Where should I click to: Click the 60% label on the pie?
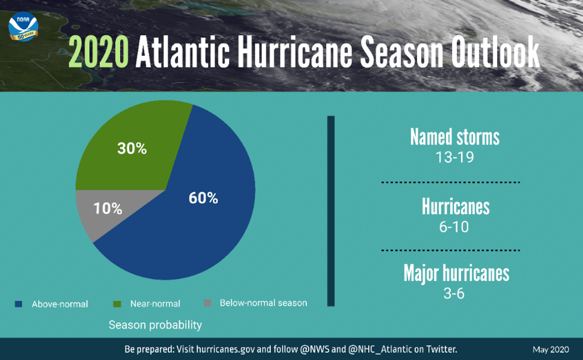(x=203, y=199)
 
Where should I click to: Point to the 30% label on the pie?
(x=132, y=149)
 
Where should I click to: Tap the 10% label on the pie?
(x=108, y=209)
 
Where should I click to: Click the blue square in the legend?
(x=18, y=304)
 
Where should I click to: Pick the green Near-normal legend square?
(x=117, y=304)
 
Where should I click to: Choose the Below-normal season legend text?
(x=263, y=303)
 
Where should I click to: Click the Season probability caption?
(x=155, y=325)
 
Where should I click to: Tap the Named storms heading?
(x=455, y=137)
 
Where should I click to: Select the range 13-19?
(x=455, y=158)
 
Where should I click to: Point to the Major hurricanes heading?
(x=456, y=273)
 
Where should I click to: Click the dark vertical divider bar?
(x=331, y=211)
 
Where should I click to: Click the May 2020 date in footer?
(x=551, y=350)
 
